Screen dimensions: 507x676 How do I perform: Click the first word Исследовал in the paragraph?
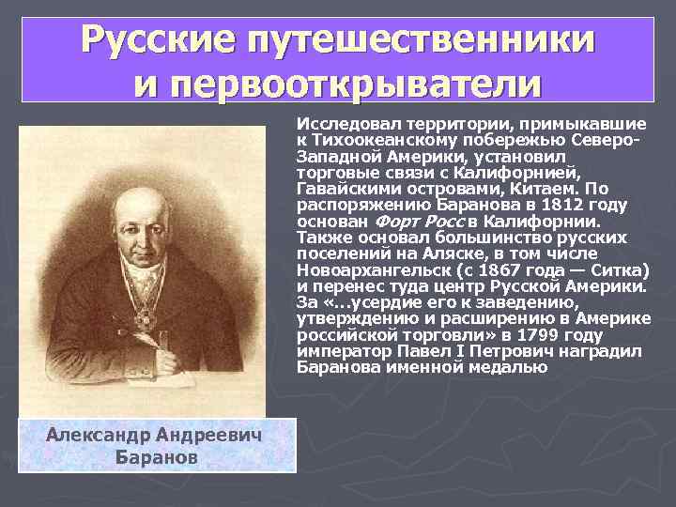click(x=339, y=123)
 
